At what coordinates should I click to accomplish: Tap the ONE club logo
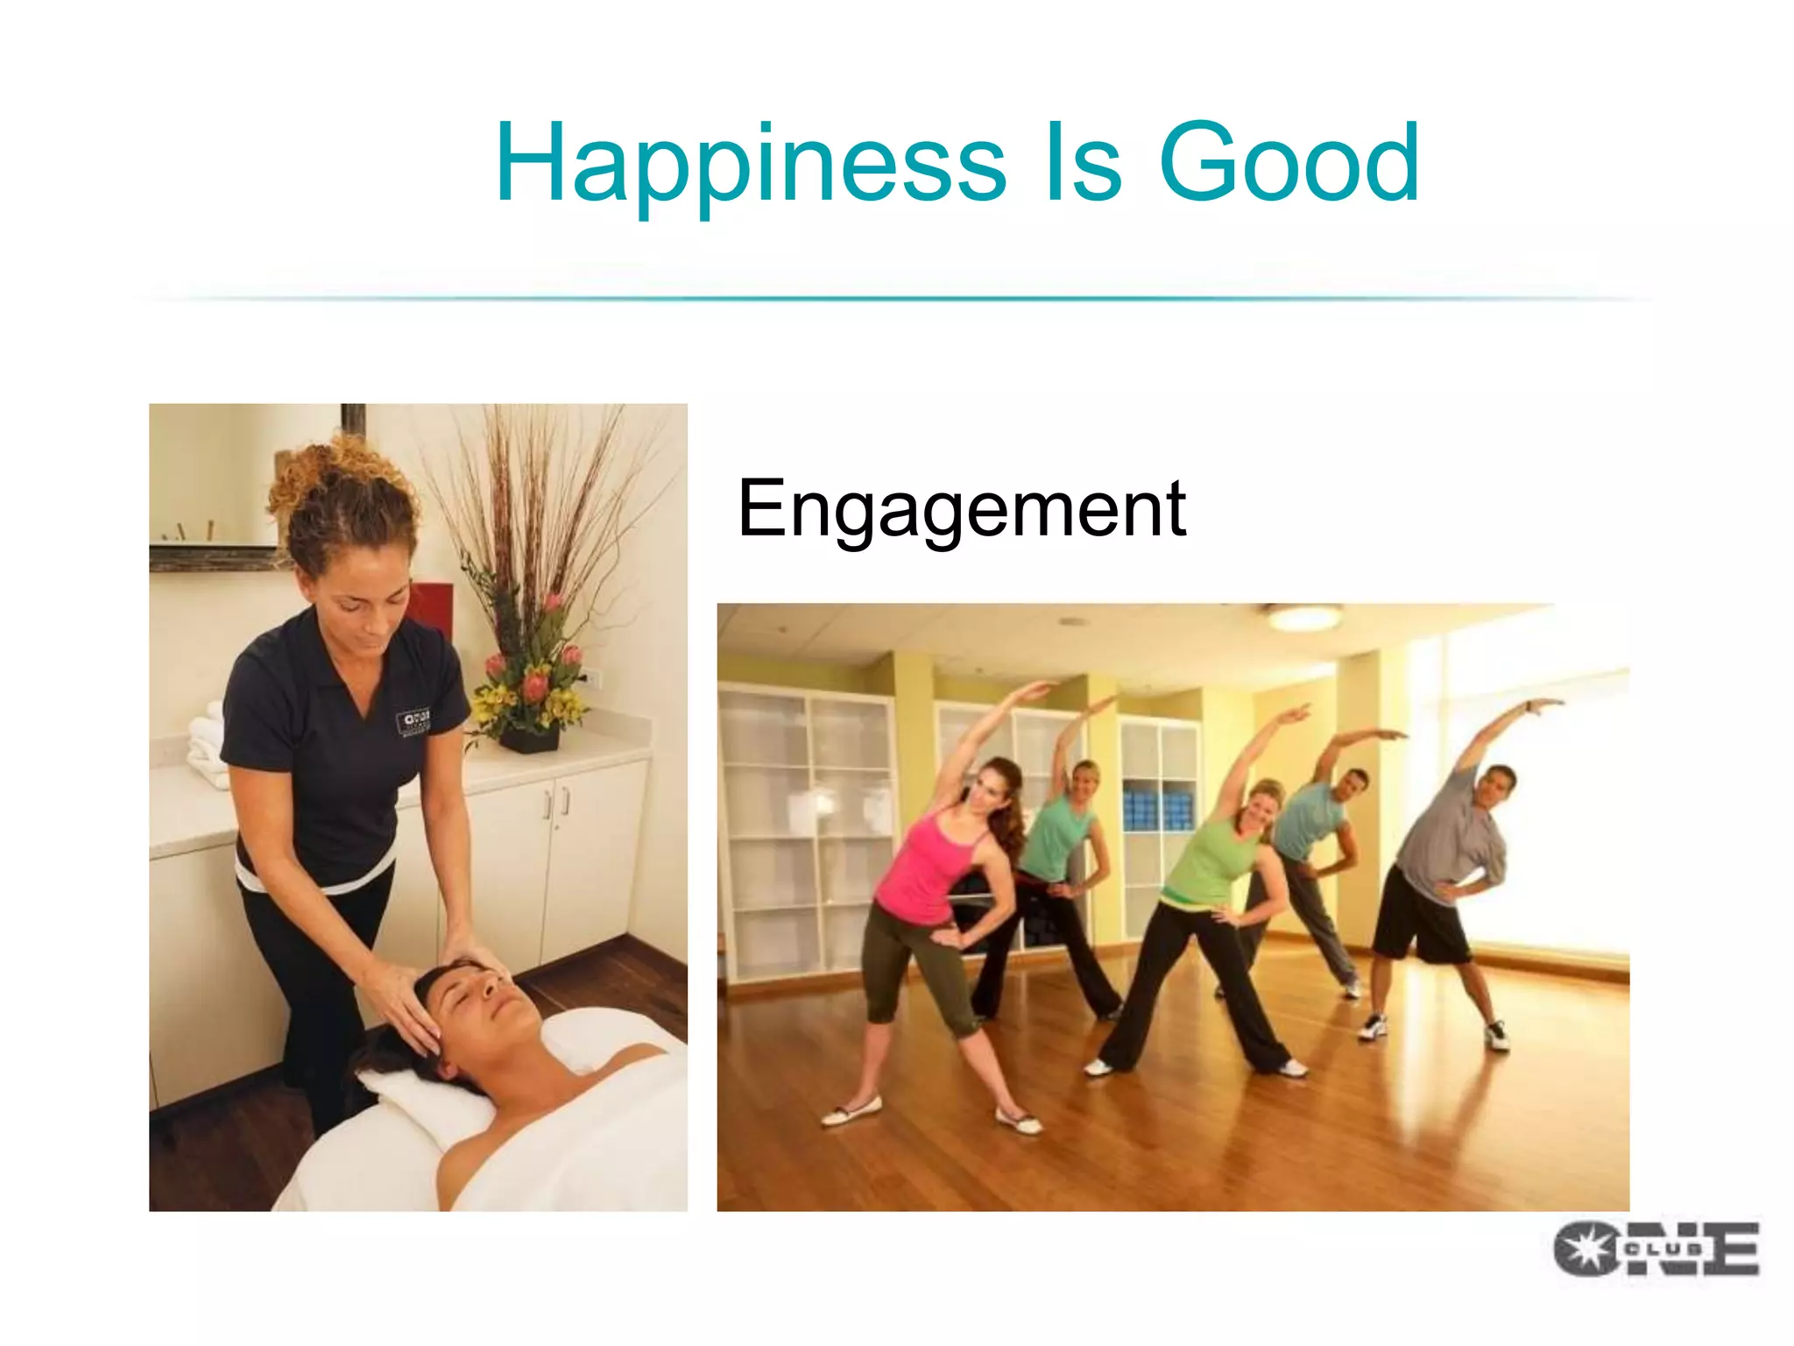tap(1656, 1248)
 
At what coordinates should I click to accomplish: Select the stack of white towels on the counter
tap(208, 745)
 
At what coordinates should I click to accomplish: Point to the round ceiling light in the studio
tap(1304, 617)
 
